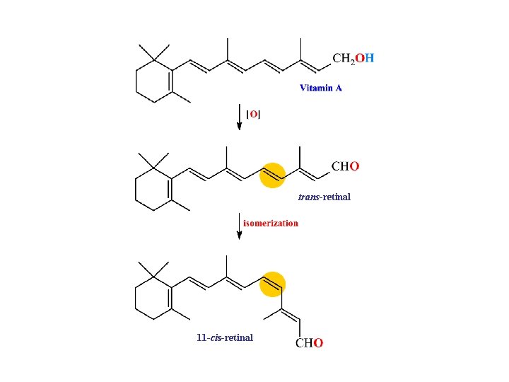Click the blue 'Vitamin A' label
click(321, 88)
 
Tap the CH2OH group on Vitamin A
click(353, 59)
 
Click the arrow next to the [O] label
click(240, 117)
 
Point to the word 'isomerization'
click(271, 223)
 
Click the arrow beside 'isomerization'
click(240, 227)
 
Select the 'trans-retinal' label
click(324, 197)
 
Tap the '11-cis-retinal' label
click(225, 337)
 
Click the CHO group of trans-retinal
click(346, 167)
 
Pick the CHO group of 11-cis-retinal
click(309, 344)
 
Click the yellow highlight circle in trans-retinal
click(272, 175)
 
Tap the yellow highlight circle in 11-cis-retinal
click(272, 284)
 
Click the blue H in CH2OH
click(370, 59)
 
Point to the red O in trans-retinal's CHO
click(355, 167)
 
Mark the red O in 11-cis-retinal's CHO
click(319, 344)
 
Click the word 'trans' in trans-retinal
click(308, 197)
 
